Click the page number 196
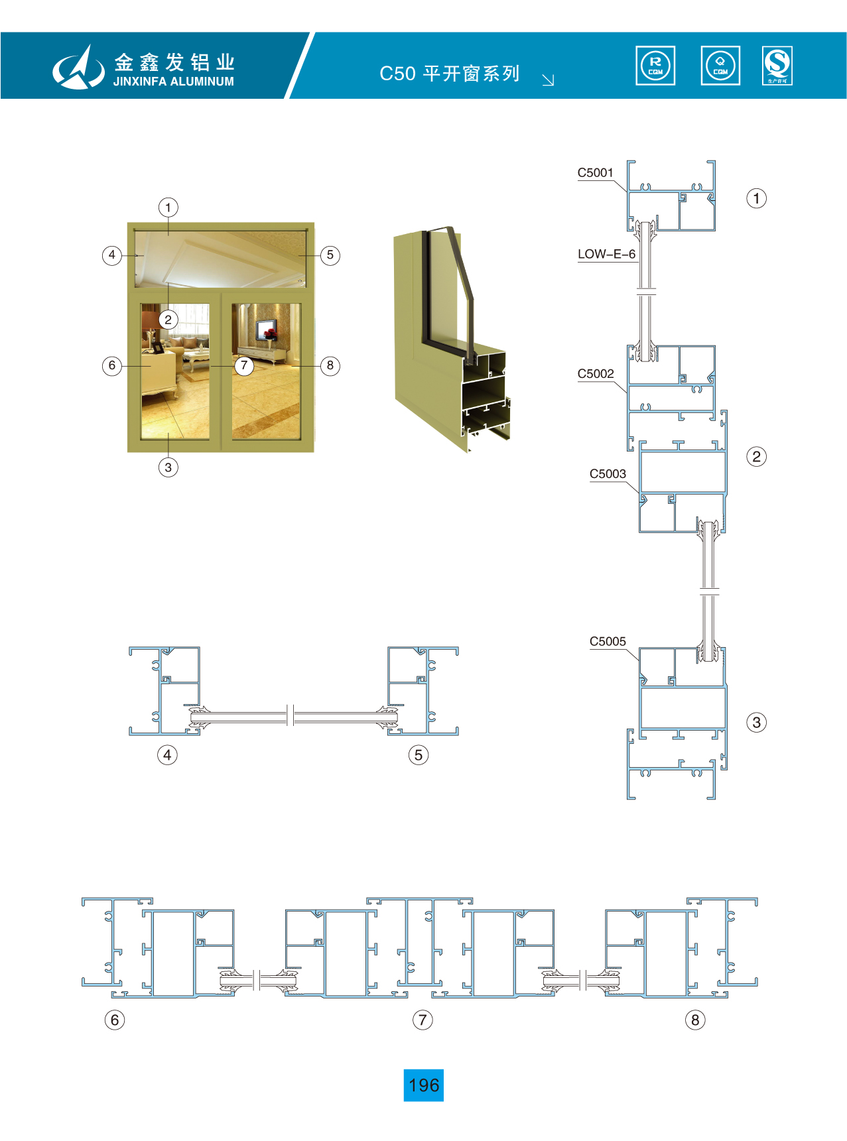tap(424, 1085)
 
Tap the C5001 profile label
tap(595, 172)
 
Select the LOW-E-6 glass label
tap(606, 254)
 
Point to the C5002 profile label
tap(596, 373)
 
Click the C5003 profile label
tap(608, 473)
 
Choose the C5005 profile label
tap(608, 641)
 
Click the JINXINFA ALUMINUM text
tap(174, 82)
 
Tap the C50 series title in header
tap(450, 73)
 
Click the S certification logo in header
tap(777, 66)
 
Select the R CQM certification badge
tap(655, 66)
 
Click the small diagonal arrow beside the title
tap(548, 80)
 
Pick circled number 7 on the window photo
tap(244, 365)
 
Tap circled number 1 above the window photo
tap(168, 208)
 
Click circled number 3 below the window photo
tap(168, 467)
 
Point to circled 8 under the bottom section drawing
tap(695, 1020)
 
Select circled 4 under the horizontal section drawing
tap(167, 754)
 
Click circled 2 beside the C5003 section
tap(756, 456)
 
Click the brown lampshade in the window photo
tap(151, 320)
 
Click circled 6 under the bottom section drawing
tap(115, 1020)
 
